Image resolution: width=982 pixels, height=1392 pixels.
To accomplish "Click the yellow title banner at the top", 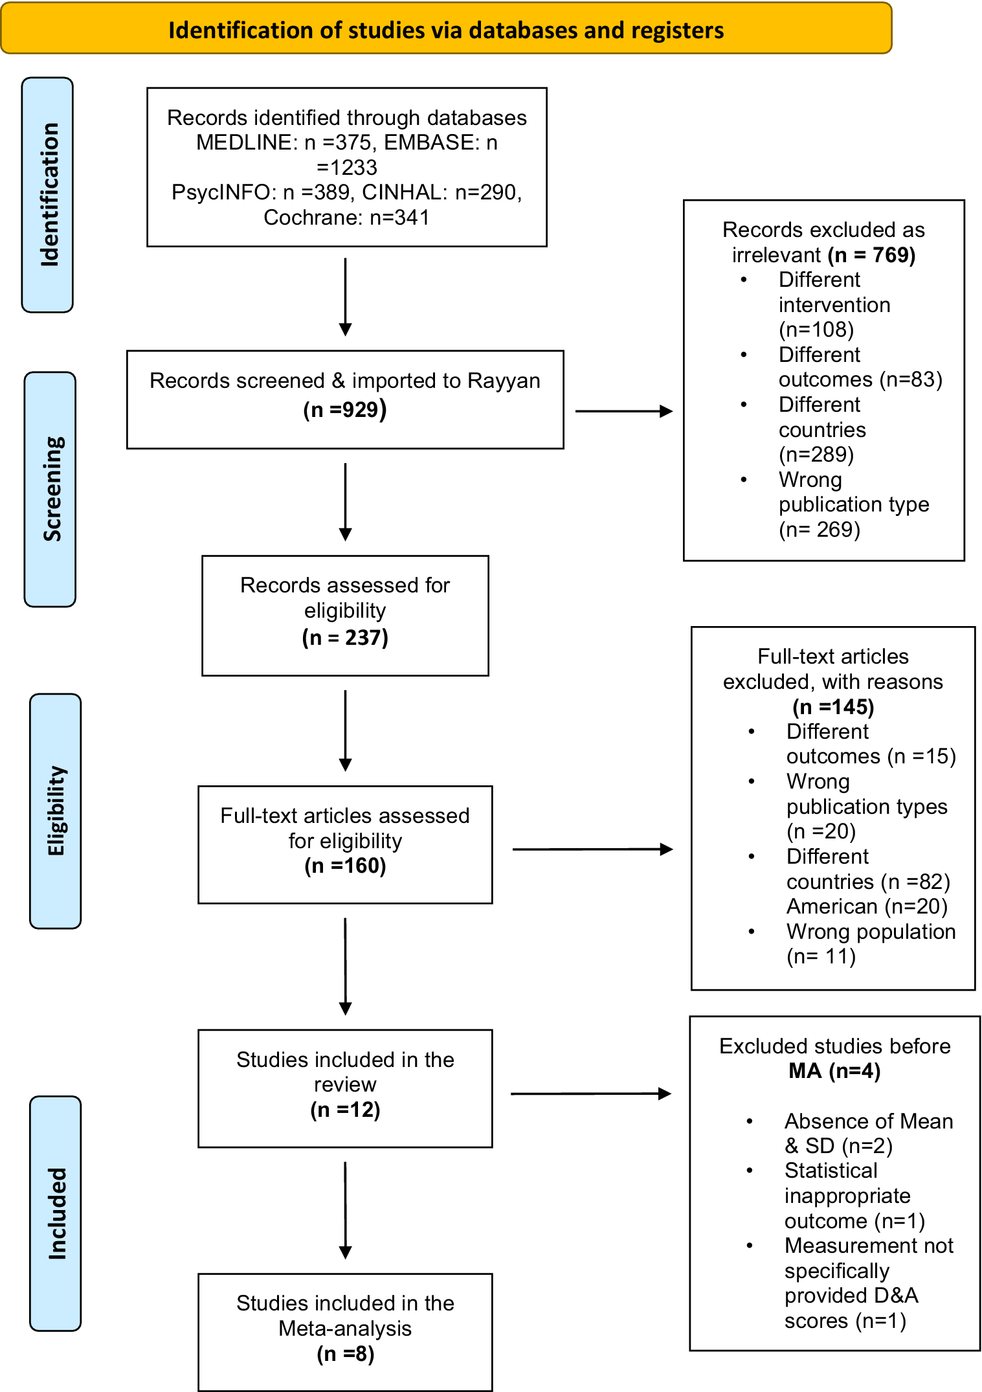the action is coord(446,28).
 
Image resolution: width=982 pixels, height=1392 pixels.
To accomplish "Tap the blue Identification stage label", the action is coord(47,195).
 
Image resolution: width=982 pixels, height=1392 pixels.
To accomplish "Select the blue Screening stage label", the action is coord(50,489).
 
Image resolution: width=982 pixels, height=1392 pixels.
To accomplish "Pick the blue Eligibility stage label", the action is coord(56,811).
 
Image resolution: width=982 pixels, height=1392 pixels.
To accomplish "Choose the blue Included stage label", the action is coord(56,1213).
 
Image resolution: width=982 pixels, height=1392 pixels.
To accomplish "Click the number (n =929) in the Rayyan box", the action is coord(345,409).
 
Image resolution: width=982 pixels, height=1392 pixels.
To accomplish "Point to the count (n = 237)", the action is coord(345,638).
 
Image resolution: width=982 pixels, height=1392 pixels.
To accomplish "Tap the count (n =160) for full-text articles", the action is coord(345,866).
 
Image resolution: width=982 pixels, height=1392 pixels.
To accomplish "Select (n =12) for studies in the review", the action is coord(345,1110).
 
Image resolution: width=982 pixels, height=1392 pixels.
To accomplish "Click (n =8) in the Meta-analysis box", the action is coord(345,1354).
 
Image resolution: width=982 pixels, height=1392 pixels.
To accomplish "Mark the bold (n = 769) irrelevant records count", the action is coord(872,255).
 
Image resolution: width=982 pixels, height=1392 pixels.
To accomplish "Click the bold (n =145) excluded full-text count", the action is coord(833,707).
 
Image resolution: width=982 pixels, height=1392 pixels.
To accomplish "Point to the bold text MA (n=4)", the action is coord(834,1071).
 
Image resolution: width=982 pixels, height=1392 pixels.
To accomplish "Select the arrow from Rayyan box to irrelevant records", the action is coord(624,411).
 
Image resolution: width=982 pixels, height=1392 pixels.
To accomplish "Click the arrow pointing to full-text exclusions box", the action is coord(593,849).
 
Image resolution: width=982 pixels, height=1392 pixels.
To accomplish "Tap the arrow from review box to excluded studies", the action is coord(591,1094).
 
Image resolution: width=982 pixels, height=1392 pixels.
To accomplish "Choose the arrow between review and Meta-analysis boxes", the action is coord(346,1210).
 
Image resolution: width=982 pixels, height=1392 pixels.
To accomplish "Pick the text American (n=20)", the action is coord(867,906).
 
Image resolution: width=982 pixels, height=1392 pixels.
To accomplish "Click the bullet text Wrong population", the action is coord(871,932).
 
